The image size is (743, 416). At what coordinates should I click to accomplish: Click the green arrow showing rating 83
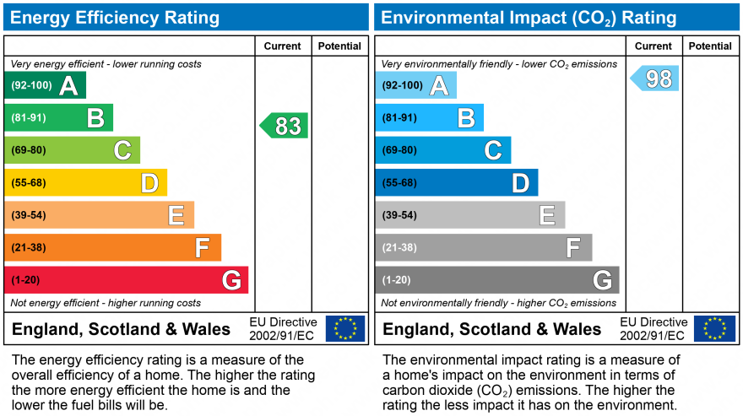click(x=285, y=126)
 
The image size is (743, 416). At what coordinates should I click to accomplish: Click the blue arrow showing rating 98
click(x=655, y=78)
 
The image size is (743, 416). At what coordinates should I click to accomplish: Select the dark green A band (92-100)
click(x=46, y=85)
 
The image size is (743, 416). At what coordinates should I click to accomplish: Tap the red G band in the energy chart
click(x=127, y=280)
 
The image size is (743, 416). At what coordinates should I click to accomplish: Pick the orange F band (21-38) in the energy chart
click(x=113, y=248)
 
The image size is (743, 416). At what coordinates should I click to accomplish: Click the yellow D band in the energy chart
click(x=86, y=183)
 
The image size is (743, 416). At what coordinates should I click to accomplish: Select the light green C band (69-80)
click(x=73, y=150)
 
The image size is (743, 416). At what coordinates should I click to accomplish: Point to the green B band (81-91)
click(x=59, y=118)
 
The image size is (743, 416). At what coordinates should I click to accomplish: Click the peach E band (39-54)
click(x=100, y=215)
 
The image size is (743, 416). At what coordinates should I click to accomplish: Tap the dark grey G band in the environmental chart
click(x=497, y=280)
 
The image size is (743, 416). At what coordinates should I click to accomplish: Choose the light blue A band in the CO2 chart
click(x=416, y=85)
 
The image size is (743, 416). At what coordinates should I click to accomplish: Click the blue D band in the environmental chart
click(x=457, y=183)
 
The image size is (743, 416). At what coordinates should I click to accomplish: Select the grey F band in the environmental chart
click(x=484, y=248)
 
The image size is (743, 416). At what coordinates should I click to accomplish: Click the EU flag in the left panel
click(x=345, y=328)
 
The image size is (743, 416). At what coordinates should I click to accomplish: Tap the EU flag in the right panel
click(x=715, y=328)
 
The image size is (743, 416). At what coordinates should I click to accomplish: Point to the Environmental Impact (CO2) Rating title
click(x=529, y=17)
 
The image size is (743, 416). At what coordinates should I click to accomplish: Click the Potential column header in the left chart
click(x=339, y=46)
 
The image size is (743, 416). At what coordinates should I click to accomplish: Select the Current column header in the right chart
click(x=654, y=46)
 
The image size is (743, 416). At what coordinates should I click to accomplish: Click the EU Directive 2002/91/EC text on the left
click(x=283, y=328)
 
